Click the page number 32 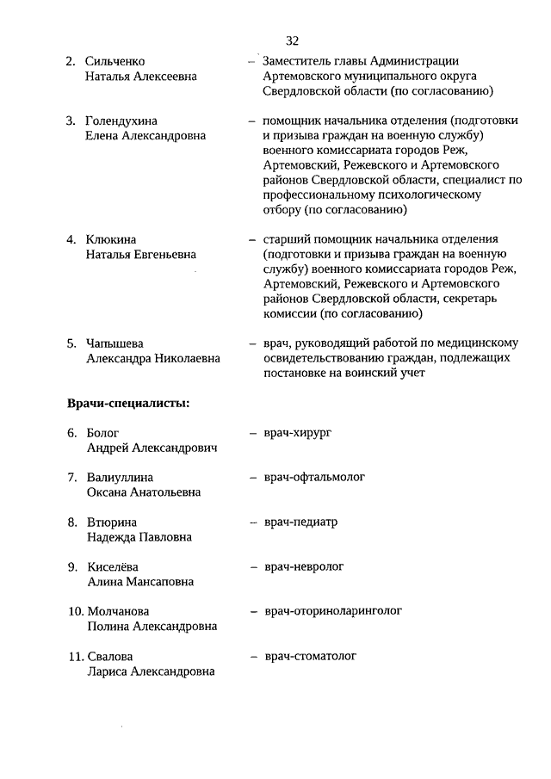pyautogui.click(x=292, y=40)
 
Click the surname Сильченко pyautogui.click(x=115, y=61)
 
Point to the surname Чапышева pyautogui.click(x=117, y=343)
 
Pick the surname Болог pyautogui.click(x=102, y=433)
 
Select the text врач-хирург pyautogui.click(x=297, y=432)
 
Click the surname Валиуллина pyautogui.click(x=120, y=477)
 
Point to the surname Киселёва pyautogui.click(x=113, y=567)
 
